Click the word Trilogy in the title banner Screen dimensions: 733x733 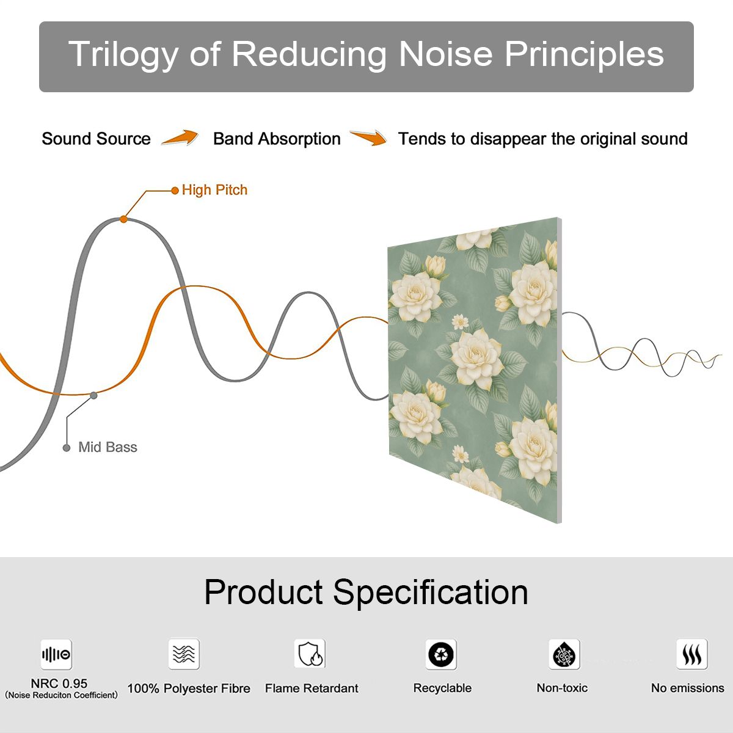click(123, 54)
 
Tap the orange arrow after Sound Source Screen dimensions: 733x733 click(180, 137)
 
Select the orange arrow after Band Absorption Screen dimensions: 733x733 click(368, 137)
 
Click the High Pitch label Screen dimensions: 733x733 click(214, 190)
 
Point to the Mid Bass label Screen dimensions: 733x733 click(108, 447)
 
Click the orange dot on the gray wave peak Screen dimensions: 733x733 click(123, 219)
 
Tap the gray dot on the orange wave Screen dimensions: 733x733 click(93, 396)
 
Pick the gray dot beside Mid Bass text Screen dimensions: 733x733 click(67, 448)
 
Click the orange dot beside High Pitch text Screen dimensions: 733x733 click(175, 191)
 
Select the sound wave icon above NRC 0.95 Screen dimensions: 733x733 click(56, 654)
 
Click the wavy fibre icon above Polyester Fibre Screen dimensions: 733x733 click(184, 654)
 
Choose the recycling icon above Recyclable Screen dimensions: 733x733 click(441, 654)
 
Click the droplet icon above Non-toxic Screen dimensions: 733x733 click(564, 654)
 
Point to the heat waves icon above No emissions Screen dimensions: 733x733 click(692, 654)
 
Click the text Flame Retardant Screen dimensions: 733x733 click(312, 688)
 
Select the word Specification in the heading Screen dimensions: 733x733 click(431, 593)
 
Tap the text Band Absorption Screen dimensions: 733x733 click(277, 139)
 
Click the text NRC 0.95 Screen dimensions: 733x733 click(59, 684)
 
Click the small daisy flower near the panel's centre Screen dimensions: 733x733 click(461, 322)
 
